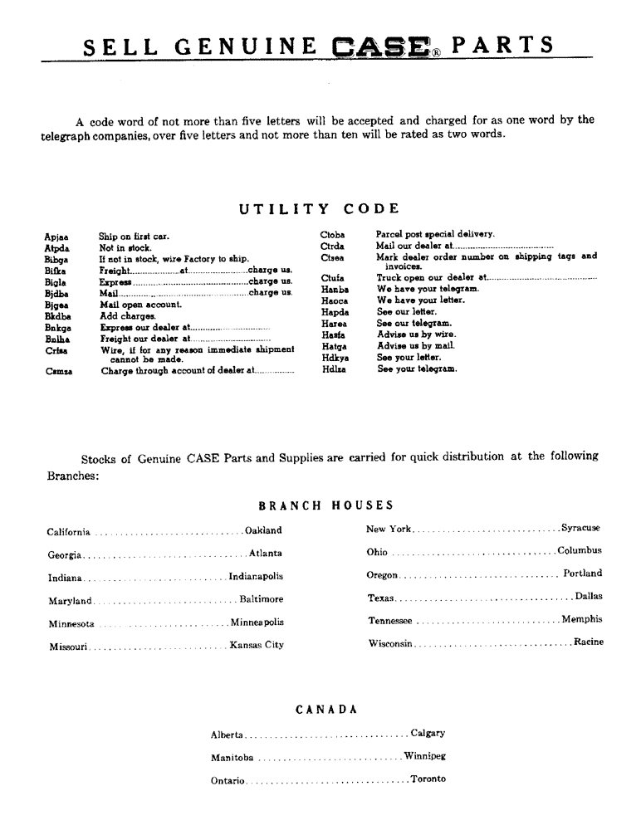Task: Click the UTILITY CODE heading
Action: coord(320,209)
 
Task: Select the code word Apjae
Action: coord(56,237)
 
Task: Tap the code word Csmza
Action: coord(59,371)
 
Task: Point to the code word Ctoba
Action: coord(333,235)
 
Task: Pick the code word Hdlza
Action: coord(335,369)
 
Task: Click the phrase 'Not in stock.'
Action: coord(125,247)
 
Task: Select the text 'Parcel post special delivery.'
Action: coord(435,235)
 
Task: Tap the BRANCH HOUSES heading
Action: coord(326,505)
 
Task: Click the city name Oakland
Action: coord(263,530)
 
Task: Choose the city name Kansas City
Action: coord(257,645)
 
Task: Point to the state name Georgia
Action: coord(64,554)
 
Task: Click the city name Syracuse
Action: coord(580,528)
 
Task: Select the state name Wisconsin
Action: coord(390,643)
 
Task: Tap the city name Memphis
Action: coord(582,619)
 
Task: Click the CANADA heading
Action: coord(326,710)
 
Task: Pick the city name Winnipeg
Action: coord(425,756)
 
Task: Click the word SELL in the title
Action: coord(115,46)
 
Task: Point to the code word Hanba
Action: coord(335,289)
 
